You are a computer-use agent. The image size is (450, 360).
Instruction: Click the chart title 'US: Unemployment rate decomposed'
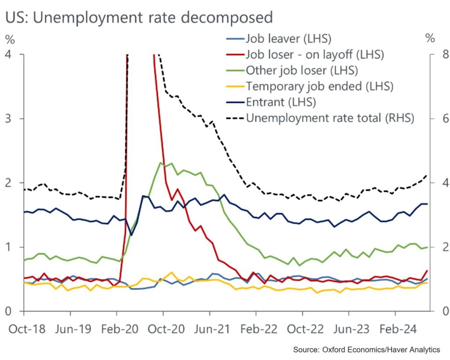click(139, 17)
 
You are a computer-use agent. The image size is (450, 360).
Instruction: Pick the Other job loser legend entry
click(301, 70)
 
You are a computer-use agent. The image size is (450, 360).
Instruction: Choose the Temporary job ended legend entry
click(319, 86)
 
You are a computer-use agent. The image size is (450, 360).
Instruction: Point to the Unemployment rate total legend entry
click(330, 118)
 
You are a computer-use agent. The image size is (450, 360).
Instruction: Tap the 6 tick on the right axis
click(433, 119)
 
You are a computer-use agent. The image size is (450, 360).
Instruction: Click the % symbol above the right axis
click(430, 39)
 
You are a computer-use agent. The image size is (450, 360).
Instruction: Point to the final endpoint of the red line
click(427, 270)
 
